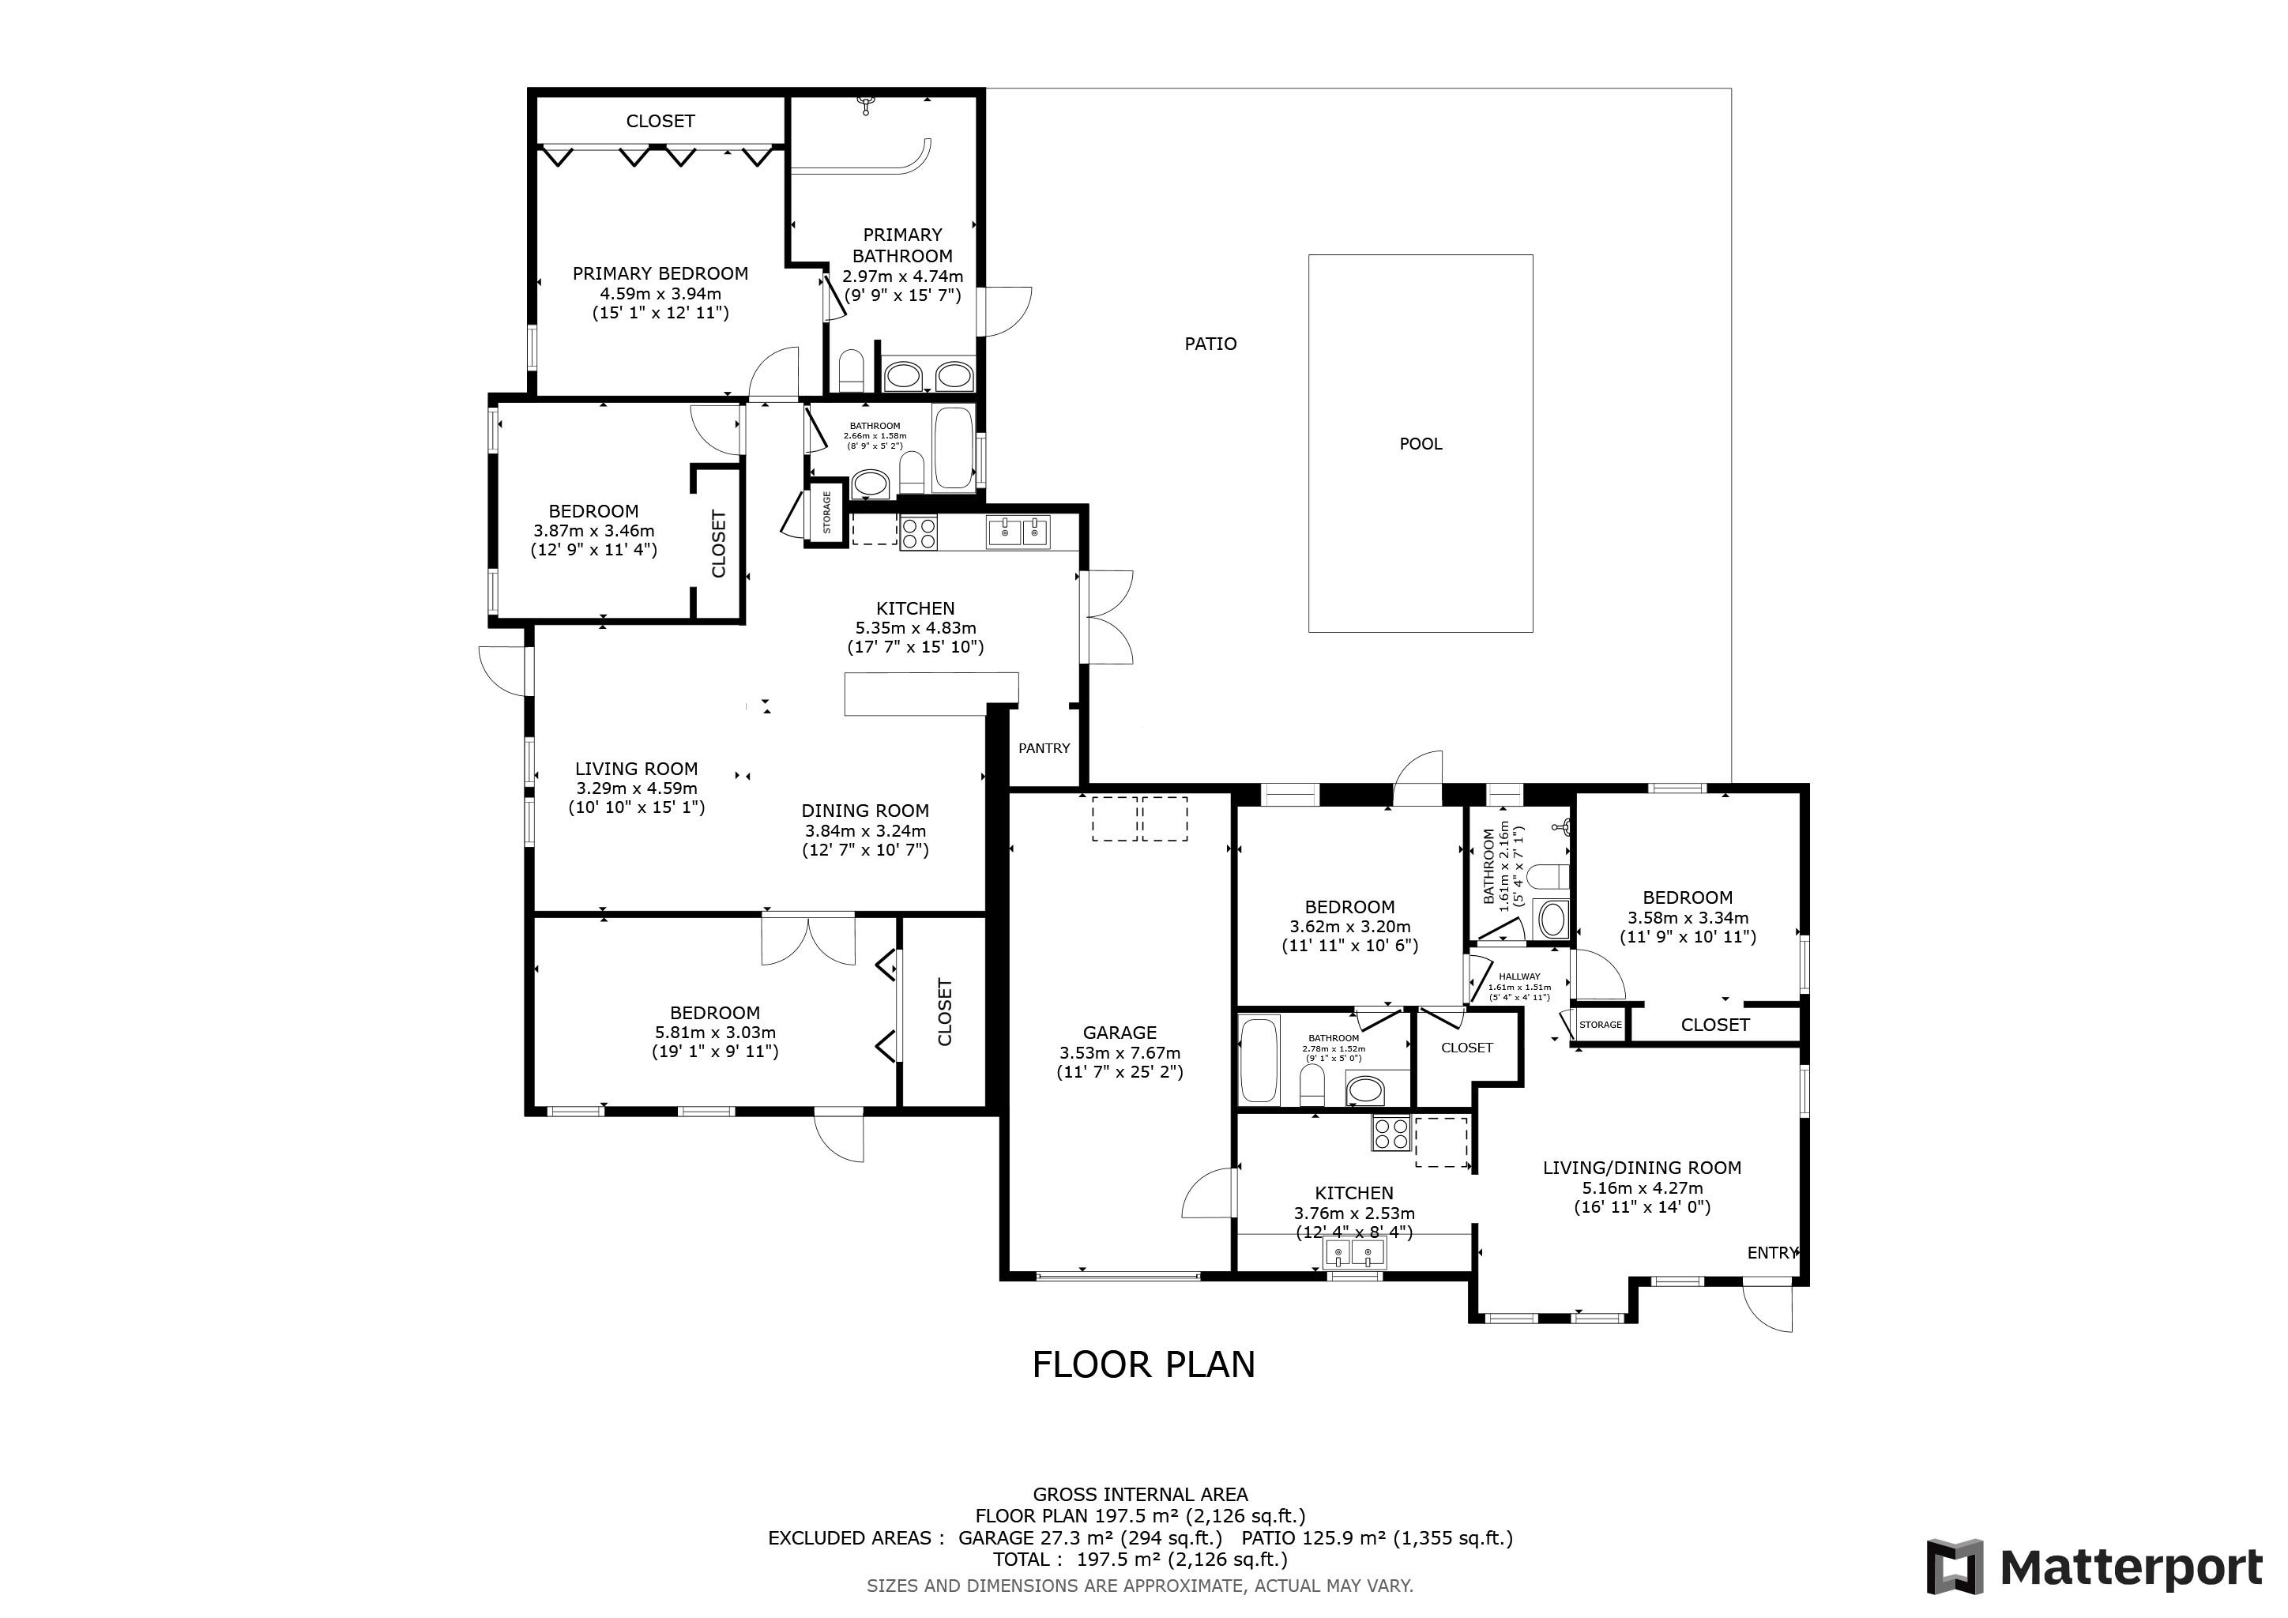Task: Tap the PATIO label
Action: (x=1211, y=344)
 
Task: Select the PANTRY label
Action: (x=1044, y=748)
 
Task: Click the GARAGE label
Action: (x=1120, y=1033)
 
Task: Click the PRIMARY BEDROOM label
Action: (x=660, y=273)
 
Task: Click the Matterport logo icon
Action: (x=1954, y=1567)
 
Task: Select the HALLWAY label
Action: (x=1520, y=976)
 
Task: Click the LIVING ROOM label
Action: (x=636, y=768)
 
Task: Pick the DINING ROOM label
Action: (x=865, y=811)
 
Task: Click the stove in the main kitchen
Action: (x=918, y=533)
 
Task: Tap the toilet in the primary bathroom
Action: (x=851, y=371)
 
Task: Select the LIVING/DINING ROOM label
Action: (x=1643, y=1168)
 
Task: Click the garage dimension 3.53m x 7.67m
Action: (x=1120, y=1053)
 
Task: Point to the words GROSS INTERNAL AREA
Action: (x=1140, y=1495)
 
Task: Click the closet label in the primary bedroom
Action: (x=660, y=121)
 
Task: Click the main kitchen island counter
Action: (x=931, y=694)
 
